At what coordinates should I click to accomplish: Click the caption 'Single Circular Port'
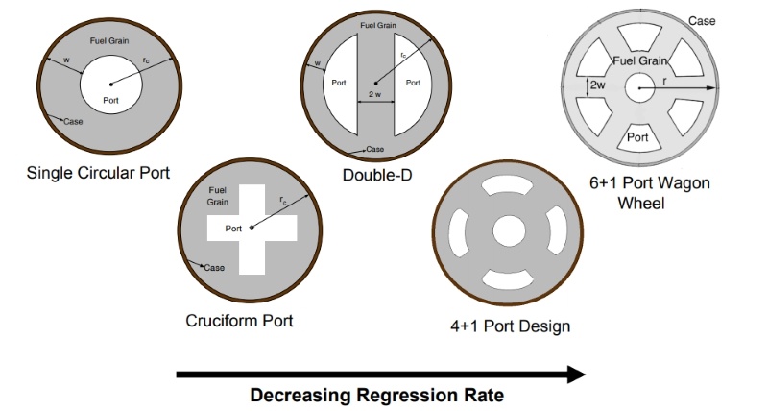(x=98, y=173)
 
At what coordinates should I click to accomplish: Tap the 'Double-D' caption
(x=377, y=175)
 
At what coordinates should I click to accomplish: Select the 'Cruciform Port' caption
(x=239, y=321)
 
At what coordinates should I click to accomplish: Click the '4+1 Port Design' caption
(x=511, y=326)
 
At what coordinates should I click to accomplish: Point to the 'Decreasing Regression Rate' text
(x=377, y=395)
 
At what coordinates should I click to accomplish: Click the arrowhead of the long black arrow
(x=576, y=375)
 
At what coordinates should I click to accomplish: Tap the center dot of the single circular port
(x=111, y=85)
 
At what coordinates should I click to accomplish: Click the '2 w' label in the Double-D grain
(x=374, y=94)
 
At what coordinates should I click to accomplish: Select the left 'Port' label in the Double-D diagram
(x=339, y=83)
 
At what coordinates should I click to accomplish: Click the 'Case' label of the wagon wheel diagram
(x=702, y=21)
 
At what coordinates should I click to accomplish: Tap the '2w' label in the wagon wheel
(x=597, y=85)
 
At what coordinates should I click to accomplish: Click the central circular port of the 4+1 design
(x=509, y=231)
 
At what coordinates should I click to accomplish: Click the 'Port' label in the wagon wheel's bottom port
(x=637, y=137)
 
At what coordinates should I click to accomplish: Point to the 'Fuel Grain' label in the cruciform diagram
(x=218, y=196)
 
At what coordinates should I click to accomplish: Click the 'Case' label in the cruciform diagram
(x=214, y=268)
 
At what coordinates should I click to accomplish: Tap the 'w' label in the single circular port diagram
(x=66, y=60)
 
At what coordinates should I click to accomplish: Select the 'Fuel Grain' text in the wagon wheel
(x=640, y=60)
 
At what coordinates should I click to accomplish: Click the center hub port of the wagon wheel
(x=639, y=88)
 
